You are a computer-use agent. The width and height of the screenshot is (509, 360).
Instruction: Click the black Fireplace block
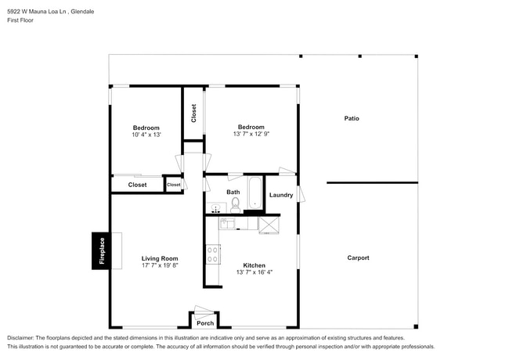click(100, 251)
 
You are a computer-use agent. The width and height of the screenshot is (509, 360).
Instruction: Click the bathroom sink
click(217, 208)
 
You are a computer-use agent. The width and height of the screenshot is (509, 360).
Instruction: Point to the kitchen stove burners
click(212, 254)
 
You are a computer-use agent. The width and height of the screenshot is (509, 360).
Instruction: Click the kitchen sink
click(226, 224)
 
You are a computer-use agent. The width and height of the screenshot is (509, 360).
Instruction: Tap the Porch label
click(205, 323)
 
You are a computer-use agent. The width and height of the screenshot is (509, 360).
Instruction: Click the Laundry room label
click(281, 195)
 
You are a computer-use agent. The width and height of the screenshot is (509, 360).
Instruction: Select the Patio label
click(352, 118)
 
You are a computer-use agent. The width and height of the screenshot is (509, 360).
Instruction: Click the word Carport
click(358, 257)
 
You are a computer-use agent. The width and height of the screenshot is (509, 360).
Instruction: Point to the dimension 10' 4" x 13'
click(146, 135)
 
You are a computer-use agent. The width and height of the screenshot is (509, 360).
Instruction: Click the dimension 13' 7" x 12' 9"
click(251, 135)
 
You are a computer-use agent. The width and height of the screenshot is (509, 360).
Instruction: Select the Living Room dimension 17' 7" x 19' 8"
click(160, 265)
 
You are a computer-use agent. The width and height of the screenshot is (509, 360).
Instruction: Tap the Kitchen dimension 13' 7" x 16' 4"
click(254, 272)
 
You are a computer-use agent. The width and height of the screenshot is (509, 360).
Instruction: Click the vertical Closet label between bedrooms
click(193, 113)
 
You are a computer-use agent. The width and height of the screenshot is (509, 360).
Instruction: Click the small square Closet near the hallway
click(173, 185)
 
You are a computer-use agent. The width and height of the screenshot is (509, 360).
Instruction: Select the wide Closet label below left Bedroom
click(137, 185)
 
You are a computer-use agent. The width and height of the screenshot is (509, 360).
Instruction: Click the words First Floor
click(21, 20)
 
